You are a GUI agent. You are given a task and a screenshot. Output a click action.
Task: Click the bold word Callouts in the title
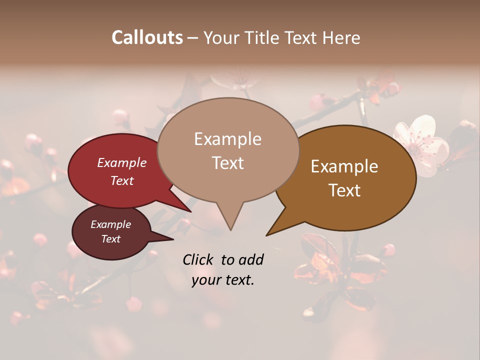[x=147, y=37]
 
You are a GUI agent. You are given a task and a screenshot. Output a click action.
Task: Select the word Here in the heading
[x=341, y=37]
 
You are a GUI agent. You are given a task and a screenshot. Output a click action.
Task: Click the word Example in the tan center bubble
[x=227, y=139]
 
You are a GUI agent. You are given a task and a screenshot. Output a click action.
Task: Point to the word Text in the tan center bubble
[x=228, y=163]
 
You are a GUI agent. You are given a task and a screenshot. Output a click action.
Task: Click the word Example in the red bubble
[x=122, y=162]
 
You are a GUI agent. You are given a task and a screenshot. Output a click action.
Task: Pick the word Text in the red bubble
[x=122, y=181]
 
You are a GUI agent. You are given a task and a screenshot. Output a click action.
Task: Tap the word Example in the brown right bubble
[x=344, y=166]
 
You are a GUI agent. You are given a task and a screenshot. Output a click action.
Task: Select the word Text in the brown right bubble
[x=344, y=190]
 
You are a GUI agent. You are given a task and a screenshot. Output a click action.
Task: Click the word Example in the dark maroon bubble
[x=111, y=224]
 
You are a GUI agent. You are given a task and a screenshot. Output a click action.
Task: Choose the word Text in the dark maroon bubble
[x=111, y=239]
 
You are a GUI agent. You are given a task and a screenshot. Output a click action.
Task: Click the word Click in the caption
[x=199, y=259]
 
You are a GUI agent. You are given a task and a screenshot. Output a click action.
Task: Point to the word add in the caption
[x=250, y=259]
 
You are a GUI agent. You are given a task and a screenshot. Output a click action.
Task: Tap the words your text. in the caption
[x=223, y=280]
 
